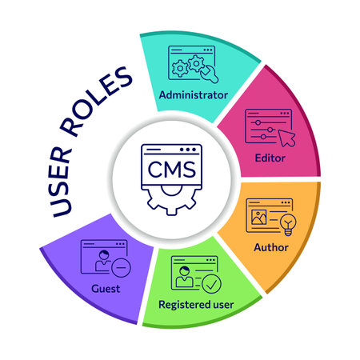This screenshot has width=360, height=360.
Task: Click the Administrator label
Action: tap(194, 94)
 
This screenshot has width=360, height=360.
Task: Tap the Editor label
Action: tap(269, 158)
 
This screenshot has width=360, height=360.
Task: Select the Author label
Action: tap(270, 246)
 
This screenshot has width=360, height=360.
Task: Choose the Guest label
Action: tap(106, 287)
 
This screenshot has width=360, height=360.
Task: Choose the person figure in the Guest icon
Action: tap(102, 260)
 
